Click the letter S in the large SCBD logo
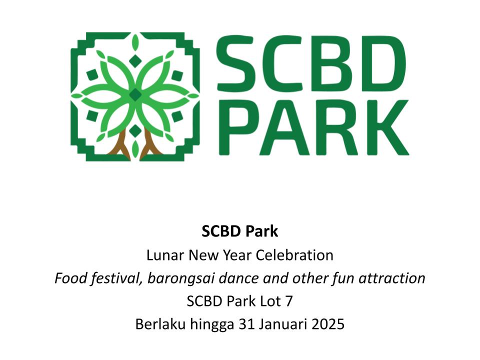[235, 63]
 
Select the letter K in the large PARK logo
[387, 127]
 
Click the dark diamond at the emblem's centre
[135, 94]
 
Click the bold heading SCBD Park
[239, 231]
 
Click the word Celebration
[294, 255]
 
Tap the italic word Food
[70, 278]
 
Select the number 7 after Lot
[288, 301]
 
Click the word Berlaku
[160, 324]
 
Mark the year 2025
[328, 324]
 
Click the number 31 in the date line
[246, 324]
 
